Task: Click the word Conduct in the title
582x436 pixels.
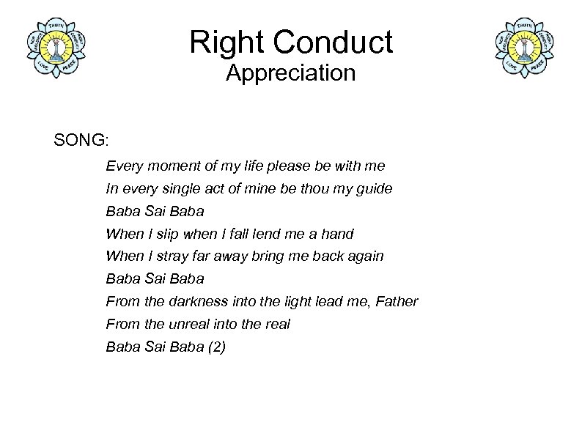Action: pos(334,43)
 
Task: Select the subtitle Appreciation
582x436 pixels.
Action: pos(290,73)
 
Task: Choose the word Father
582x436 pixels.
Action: pos(397,301)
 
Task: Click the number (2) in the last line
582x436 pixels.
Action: pos(216,347)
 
